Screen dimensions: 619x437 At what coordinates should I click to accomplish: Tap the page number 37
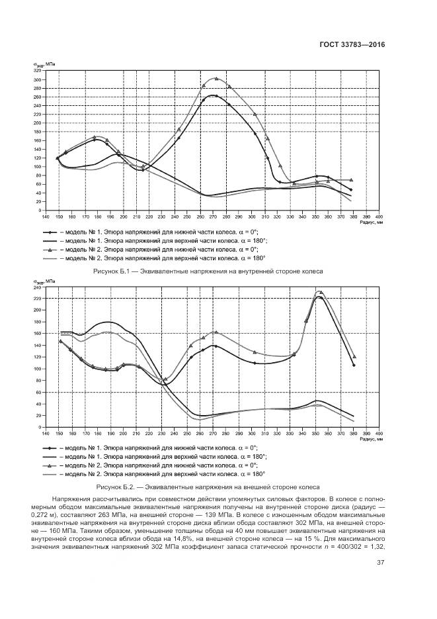point(380,563)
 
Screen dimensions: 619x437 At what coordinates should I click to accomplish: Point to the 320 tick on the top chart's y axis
point(37,71)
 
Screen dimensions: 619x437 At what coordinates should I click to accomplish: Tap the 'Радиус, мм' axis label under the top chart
point(368,224)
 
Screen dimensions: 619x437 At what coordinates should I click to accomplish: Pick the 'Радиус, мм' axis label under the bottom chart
point(368,441)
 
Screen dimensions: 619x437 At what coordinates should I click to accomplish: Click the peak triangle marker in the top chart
point(216,78)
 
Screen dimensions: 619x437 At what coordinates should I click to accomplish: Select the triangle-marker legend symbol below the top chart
point(50,250)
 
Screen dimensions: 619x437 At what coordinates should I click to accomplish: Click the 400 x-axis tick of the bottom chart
point(378,434)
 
